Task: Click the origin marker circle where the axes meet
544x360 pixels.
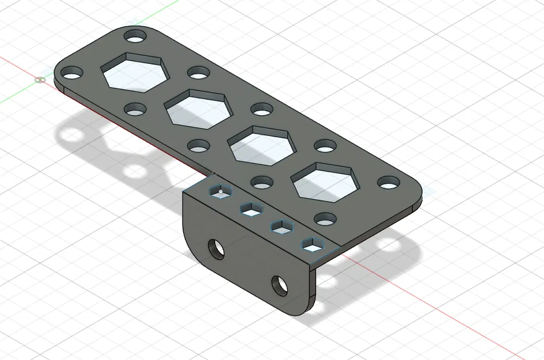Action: tap(40, 79)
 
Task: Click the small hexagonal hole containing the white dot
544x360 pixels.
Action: tap(219, 192)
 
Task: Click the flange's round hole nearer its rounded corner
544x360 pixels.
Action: tap(216, 248)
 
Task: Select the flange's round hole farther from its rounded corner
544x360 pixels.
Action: tap(280, 284)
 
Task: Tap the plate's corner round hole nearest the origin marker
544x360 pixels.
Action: tap(72, 73)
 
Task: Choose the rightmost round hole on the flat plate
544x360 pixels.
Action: tap(389, 183)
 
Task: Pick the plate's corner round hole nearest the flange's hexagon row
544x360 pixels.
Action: tap(326, 219)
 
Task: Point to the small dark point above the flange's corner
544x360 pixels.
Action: tap(214, 173)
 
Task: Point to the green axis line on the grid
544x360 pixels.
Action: tap(17, 95)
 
